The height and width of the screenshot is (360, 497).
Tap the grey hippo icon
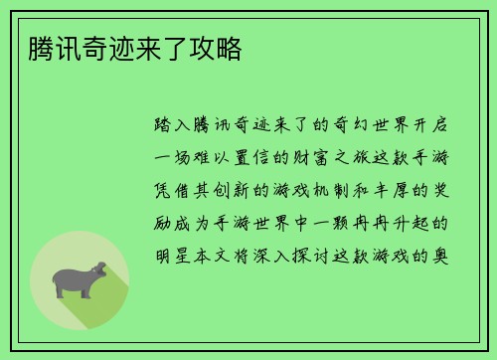coord(79,277)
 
